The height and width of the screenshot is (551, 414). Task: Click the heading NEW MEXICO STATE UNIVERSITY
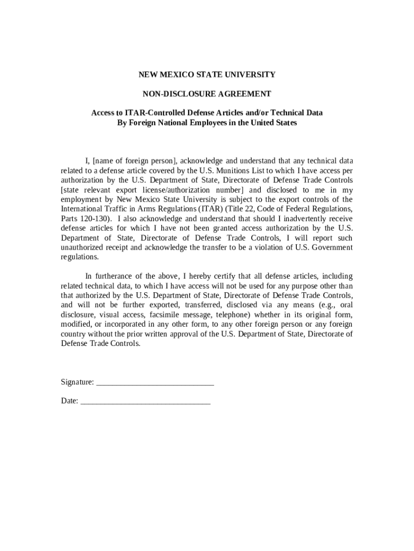pos(206,74)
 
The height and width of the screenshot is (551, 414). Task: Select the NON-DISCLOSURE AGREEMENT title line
pos(206,94)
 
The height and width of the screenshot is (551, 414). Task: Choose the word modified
pos(76,325)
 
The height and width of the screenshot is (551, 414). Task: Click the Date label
pos(69,401)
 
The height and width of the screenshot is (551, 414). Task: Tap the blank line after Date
pos(145,402)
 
